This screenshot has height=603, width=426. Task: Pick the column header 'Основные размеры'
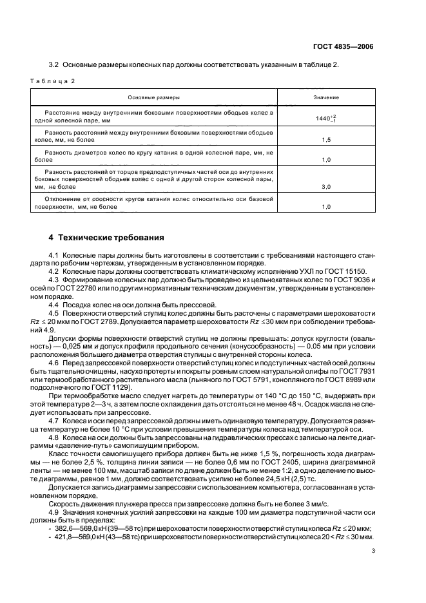[153, 97]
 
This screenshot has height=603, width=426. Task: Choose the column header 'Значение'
[326, 97]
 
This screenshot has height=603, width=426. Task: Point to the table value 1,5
[326, 139]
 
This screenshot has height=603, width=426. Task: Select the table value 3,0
[326, 186]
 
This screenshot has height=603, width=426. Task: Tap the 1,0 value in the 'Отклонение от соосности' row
[326, 207]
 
